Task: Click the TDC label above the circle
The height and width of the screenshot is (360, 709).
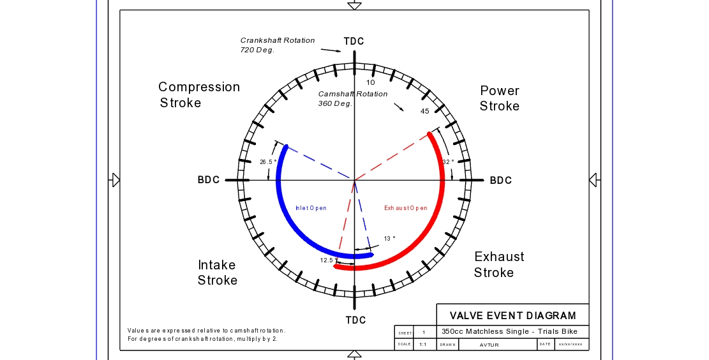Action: (354, 41)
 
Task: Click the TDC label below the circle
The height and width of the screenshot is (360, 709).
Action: (356, 320)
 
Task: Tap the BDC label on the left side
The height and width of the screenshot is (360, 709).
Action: (209, 180)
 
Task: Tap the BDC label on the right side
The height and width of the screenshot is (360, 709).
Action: (501, 181)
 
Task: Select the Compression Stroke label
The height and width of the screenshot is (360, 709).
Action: (199, 94)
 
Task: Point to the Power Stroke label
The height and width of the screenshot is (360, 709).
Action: (500, 98)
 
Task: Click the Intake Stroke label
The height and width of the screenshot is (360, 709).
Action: (218, 273)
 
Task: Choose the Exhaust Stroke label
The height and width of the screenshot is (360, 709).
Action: (499, 264)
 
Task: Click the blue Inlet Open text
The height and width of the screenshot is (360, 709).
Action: (311, 208)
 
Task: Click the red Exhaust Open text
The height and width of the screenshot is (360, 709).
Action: (406, 208)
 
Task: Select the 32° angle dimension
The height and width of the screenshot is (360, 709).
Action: (449, 162)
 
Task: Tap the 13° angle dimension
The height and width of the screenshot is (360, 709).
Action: (389, 239)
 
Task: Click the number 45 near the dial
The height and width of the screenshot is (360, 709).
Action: (424, 112)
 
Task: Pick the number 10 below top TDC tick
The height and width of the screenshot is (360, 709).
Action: (371, 82)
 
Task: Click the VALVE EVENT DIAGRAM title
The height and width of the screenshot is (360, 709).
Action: (513, 315)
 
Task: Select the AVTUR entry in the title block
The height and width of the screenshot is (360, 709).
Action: (489, 345)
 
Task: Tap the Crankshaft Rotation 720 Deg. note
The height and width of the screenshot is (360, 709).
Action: (278, 45)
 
